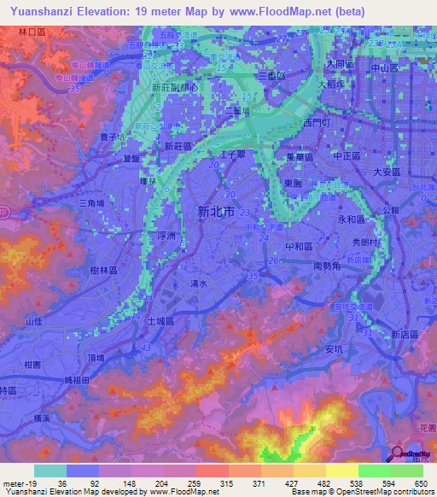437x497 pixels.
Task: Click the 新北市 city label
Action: [214, 211]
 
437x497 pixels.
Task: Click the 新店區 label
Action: [404, 334]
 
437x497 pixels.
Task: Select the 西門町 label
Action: [314, 124]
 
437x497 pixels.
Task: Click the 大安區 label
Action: [388, 172]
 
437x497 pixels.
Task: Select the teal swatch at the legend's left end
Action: [50, 471]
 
